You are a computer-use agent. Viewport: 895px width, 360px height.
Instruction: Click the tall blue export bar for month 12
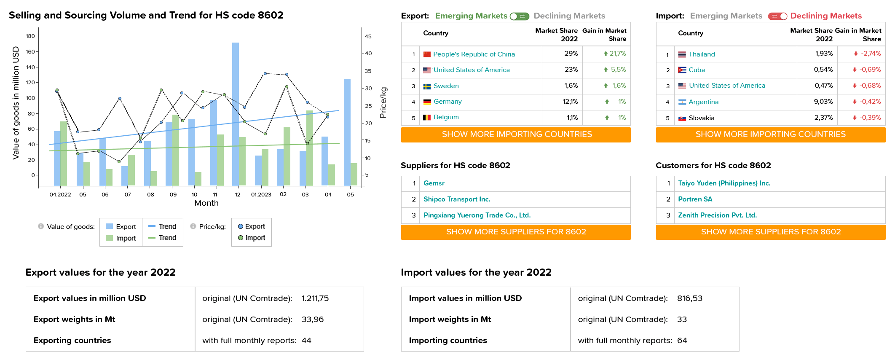tap(236, 114)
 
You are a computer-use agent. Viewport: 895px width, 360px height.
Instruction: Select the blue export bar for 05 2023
tap(347, 132)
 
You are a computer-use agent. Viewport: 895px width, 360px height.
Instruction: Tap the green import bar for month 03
tap(310, 148)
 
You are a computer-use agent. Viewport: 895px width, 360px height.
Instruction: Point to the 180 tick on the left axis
tap(30, 36)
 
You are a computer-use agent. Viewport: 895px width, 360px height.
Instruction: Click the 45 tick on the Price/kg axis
tap(368, 36)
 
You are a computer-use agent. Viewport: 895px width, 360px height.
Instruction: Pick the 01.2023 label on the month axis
tap(261, 194)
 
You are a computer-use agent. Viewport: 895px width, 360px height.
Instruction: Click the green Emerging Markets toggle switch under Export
tap(519, 16)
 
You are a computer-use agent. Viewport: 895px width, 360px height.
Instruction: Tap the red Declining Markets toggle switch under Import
tap(777, 16)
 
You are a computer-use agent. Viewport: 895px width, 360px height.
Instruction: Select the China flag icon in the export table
tap(427, 54)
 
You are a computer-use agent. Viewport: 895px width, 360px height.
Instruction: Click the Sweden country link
tap(446, 86)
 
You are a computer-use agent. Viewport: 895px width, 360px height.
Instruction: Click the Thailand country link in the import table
tap(702, 54)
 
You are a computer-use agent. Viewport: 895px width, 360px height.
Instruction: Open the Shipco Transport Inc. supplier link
tap(457, 199)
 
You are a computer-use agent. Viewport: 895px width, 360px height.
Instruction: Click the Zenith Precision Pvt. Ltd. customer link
tap(717, 215)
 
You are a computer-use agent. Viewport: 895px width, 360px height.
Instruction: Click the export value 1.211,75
tap(315, 298)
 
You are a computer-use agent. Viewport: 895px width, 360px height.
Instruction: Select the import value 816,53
tap(690, 298)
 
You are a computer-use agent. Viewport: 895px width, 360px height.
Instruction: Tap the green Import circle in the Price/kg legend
tap(241, 238)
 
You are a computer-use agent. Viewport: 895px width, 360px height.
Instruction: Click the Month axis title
tap(206, 203)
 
